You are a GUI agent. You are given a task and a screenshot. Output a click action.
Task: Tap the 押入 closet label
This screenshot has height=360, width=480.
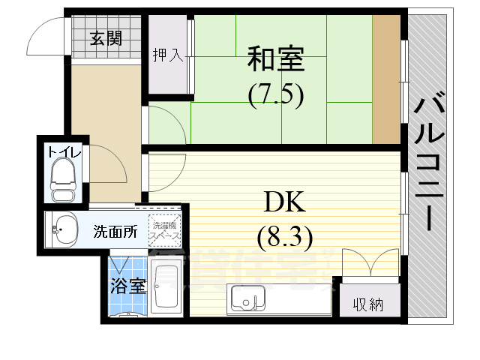[x=167, y=55]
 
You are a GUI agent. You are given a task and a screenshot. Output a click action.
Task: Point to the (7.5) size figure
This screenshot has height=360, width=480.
[x=275, y=95]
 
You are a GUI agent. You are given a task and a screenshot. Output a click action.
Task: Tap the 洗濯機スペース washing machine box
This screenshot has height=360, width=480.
[x=164, y=231]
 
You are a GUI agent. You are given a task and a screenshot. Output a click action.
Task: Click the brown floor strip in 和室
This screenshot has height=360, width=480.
[x=386, y=80]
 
